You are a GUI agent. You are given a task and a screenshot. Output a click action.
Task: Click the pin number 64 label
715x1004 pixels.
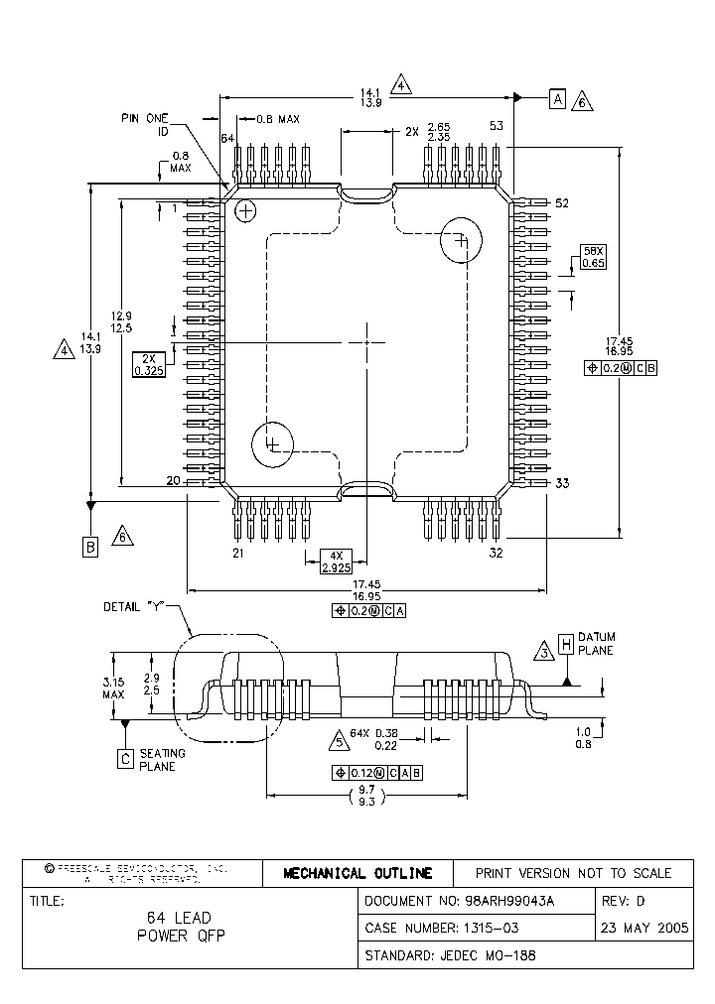(227, 138)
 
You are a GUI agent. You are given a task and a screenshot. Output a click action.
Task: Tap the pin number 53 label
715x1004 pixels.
(497, 126)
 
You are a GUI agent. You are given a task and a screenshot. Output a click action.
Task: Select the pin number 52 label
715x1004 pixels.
(562, 203)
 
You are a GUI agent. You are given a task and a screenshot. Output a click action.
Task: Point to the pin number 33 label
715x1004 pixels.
(562, 483)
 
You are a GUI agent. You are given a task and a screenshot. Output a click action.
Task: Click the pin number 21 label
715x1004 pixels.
(238, 553)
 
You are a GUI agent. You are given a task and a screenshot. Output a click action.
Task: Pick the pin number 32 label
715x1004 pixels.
(497, 553)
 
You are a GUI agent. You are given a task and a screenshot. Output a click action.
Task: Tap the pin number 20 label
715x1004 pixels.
(172, 480)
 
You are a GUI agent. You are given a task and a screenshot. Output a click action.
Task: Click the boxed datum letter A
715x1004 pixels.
(557, 98)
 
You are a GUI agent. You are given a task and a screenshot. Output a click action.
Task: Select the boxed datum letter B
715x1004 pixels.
(90, 546)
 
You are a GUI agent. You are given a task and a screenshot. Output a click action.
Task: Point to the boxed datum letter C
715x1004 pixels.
(125, 759)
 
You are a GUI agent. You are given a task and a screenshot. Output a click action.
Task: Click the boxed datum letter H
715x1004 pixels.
(565, 644)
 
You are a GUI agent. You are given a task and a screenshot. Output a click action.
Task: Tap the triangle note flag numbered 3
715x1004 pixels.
(543, 652)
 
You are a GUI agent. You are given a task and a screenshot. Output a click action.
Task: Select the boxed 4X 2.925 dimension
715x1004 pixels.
(338, 562)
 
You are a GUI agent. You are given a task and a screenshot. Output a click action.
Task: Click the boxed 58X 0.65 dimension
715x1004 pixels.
(593, 258)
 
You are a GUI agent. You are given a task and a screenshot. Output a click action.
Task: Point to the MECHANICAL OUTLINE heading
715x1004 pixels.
(357, 873)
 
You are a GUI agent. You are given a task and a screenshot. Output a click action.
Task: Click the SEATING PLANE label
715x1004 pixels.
(161, 760)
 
